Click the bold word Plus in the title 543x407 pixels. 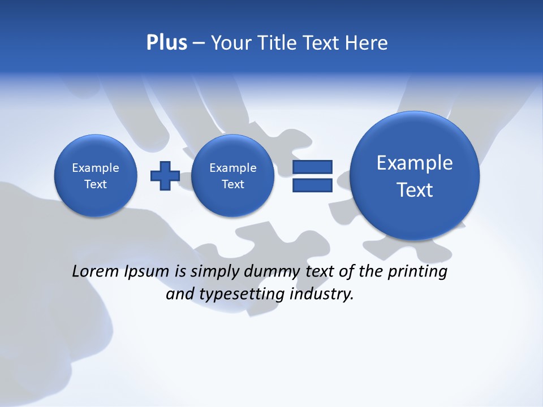[166, 43]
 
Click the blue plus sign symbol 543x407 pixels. [165, 175]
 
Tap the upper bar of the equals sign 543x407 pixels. [312, 167]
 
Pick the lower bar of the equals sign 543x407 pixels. [312, 185]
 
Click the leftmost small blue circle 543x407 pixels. [96, 175]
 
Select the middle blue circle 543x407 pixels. [232, 175]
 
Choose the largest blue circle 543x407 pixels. [415, 175]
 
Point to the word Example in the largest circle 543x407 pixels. [415, 163]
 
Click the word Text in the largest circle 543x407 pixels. [415, 190]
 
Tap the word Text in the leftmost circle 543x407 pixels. [96, 184]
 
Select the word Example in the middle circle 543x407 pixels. [232, 168]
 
